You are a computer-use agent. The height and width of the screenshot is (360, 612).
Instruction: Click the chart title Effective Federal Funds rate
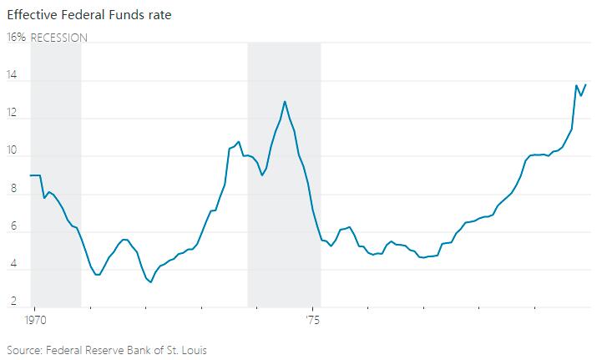click(x=89, y=14)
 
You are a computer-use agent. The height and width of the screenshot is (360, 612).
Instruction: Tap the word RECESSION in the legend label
click(x=58, y=38)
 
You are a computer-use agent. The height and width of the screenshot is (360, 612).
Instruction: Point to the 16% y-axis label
click(x=16, y=38)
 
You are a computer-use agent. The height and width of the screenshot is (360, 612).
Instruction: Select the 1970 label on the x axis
click(x=34, y=320)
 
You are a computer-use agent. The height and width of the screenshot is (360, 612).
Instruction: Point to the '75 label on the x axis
click(x=312, y=320)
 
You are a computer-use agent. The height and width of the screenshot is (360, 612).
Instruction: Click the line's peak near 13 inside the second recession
click(x=285, y=101)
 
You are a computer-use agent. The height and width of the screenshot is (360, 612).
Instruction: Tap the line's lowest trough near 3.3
click(x=150, y=282)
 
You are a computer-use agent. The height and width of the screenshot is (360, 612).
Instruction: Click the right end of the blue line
click(x=585, y=84)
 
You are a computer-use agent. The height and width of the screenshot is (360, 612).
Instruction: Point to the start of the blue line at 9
click(x=31, y=175)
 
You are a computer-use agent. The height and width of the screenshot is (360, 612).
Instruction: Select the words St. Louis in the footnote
click(x=186, y=350)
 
